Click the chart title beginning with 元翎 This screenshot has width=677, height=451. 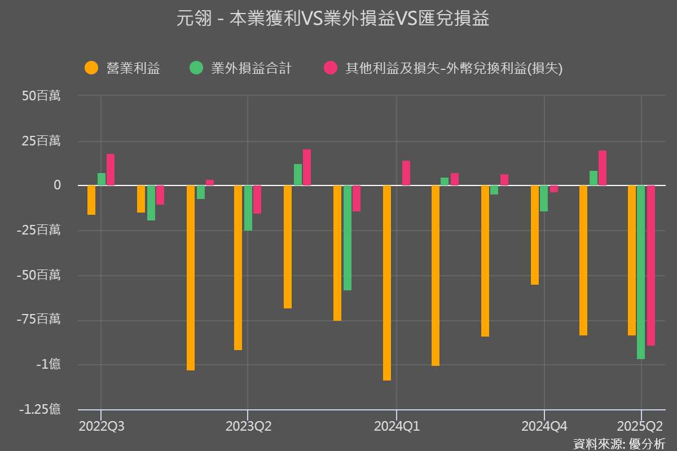tap(333, 19)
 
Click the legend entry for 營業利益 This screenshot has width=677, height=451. tap(133, 68)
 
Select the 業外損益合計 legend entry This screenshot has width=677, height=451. tap(251, 68)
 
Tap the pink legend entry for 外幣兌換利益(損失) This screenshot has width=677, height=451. tap(454, 68)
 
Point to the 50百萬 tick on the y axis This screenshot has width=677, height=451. tap(41, 96)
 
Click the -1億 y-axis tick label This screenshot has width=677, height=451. tap(48, 364)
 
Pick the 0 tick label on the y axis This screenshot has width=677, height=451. tap(57, 185)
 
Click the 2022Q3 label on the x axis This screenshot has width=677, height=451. tap(102, 426)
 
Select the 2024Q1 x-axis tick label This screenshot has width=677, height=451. tap(397, 426)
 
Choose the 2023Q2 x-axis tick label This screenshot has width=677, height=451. tap(248, 426)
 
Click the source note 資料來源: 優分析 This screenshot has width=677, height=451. tap(619, 443)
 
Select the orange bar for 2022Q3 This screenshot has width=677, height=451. tap(91, 200)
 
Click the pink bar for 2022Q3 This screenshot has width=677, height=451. tap(111, 170)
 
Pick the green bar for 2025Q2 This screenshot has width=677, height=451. tap(641, 272)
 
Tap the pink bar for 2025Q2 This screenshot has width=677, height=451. tap(651, 265)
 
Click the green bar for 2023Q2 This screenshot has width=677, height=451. tap(248, 208)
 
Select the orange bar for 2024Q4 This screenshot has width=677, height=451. tap(535, 235)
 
